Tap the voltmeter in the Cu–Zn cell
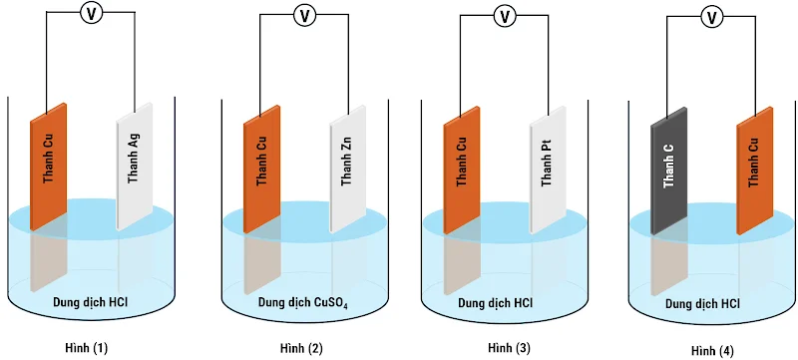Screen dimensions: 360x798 coord(304,15)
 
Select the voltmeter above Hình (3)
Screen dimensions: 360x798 coord(505,15)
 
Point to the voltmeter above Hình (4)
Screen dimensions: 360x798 coord(712,16)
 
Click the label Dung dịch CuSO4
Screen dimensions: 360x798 coord(303,301)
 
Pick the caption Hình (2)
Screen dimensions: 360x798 coord(302,346)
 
